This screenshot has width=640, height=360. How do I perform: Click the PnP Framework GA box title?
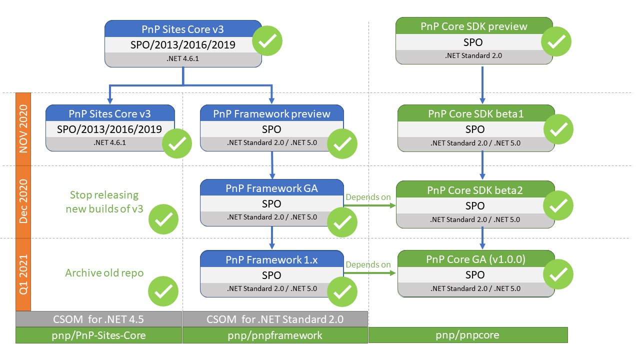click(x=271, y=188)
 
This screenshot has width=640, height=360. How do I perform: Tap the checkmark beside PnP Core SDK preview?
click(x=556, y=42)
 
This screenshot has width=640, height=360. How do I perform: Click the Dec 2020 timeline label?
click(x=23, y=201)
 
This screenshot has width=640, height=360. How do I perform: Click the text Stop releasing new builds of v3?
click(x=104, y=201)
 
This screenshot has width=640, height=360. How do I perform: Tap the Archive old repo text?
click(x=104, y=273)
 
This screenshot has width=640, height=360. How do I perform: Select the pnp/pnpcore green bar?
click(x=468, y=335)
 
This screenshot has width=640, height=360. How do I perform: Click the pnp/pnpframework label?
click(x=275, y=335)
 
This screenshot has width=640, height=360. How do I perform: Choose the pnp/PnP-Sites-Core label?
click(x=98, y=335)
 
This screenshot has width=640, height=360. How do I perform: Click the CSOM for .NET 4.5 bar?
click(x=98, y=318)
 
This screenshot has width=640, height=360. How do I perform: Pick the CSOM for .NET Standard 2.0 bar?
click(x=275, y=318)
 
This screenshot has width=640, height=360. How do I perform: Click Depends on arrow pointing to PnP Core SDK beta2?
click(x=369, y=205)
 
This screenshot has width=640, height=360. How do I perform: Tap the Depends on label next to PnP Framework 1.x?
click(x=368, y=264)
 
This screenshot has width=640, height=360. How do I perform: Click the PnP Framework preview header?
click(x=271, y=113)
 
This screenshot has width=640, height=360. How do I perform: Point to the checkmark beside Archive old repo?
click(x=163, y=290)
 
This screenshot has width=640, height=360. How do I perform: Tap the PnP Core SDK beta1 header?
click(x=475, y=113)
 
